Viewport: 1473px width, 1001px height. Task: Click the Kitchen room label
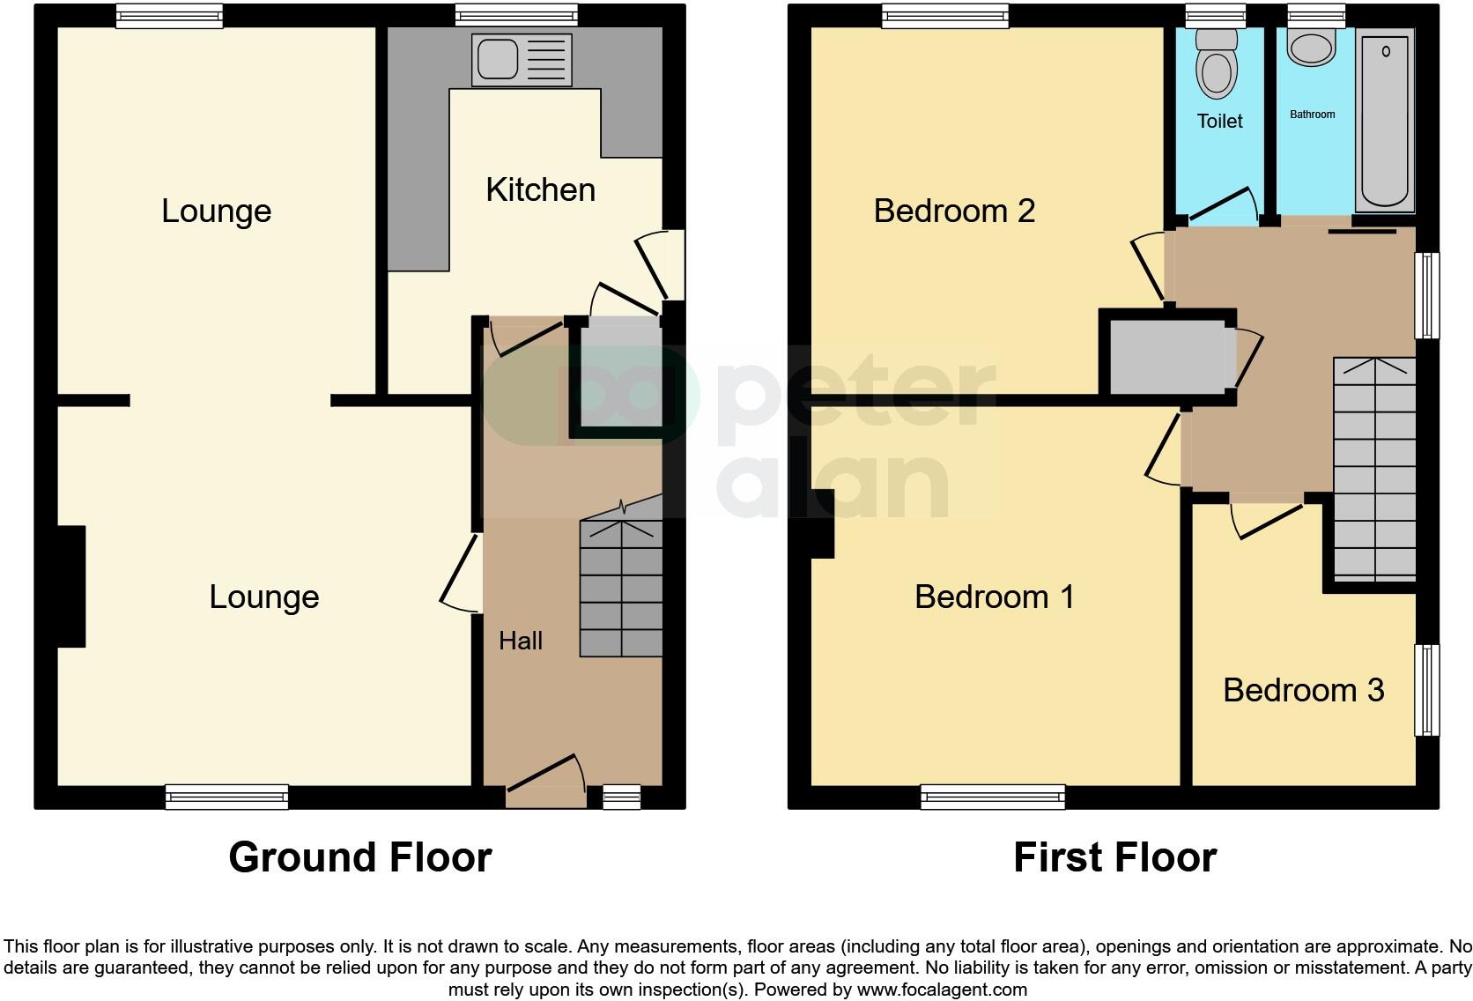pos(540,190)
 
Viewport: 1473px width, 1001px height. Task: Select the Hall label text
pos(520,641)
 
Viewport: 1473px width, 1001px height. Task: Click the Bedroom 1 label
pos(994,597)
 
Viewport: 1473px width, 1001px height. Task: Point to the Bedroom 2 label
pos(954,211)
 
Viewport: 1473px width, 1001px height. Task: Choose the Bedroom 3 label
pos(1303,690)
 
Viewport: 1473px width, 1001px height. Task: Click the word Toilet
pos(1219,122)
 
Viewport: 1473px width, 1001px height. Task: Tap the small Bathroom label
pos(1312,115)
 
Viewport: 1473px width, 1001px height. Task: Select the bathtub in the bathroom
pos(1386,119)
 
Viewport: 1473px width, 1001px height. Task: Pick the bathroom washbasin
pos(1313,48)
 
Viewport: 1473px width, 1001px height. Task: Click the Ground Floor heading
pos(359,857)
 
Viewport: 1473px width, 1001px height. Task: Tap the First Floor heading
pos(1114,857)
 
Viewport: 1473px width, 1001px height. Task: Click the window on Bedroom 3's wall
pos(1427,690)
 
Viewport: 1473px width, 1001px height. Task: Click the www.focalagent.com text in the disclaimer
pos(942,989)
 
